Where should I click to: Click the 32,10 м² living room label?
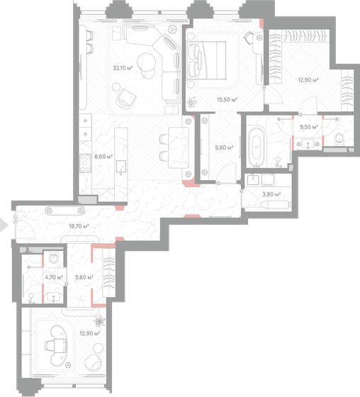point(123,68)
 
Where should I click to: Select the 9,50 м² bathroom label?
point(309,128)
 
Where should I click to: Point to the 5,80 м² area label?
point(224,147)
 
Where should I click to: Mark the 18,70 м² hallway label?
point(78,226)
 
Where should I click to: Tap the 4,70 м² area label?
point(55,278)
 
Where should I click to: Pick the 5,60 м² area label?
point(84,278)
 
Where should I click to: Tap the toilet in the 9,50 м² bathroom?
point(339,138)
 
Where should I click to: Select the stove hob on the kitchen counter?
point(85,164)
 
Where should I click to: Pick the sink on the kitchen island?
point(120,167)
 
